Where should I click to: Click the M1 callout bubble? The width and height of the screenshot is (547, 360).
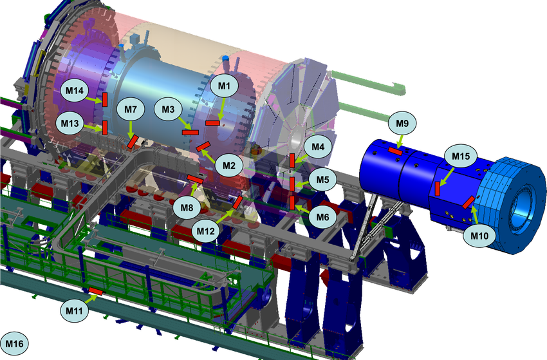224,85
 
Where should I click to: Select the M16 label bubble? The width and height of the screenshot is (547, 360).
14,344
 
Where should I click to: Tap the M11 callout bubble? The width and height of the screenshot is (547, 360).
74,310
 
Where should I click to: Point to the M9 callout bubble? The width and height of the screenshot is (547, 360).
402,123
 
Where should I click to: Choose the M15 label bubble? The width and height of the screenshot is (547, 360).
461,156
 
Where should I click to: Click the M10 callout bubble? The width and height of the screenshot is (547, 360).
479,236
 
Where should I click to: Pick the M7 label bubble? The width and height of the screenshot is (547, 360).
131,109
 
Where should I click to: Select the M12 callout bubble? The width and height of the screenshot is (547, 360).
206,231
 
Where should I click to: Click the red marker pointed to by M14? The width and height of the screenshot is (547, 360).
105,100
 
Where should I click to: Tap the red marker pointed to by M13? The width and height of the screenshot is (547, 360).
105,128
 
